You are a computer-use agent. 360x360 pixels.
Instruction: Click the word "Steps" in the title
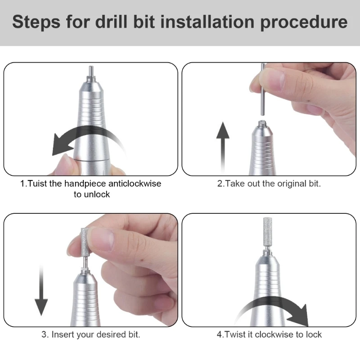pyautogui.click(x=36, y=22)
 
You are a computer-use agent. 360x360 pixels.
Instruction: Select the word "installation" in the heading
pyautogui.click(x=207, y=22)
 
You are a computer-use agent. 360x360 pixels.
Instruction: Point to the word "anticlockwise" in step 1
pyautogui.click(x=135, y=184)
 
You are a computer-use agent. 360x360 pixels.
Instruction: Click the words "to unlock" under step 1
pyautogui.click(x=92, y=194)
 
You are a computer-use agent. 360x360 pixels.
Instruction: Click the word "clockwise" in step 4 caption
pyautogui.click(x=274, y=334)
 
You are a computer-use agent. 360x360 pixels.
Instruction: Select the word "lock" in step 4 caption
pyautogui.click(x=314, y=334)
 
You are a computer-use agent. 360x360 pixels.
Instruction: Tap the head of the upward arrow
pyautogui.click(x=223, y=130)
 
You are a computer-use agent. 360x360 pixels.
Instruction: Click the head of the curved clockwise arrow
pyautogui.click(x=301, y=316)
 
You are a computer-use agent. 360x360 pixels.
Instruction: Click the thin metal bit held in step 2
pyautogui.click(x=263, y=90)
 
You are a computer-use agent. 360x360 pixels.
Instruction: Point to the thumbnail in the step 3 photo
pyautogui.click(x=101, y=239)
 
